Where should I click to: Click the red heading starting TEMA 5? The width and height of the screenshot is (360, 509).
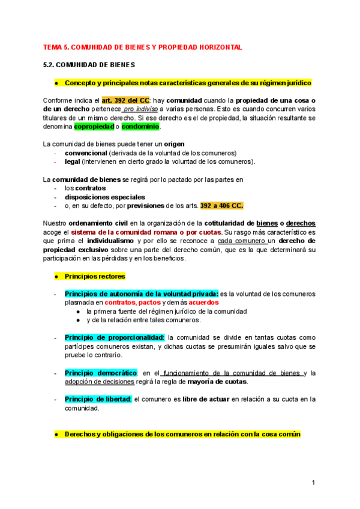pyautogui.click(x=142, y=47)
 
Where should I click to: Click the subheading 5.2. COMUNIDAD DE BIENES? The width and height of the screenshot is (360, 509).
pyautogui.click(x=89, y=64)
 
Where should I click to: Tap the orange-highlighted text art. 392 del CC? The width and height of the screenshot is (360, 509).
pyautogui.click(x=125, y=100)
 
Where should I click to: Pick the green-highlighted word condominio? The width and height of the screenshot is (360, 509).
pyautogui.click(x=141, y=127)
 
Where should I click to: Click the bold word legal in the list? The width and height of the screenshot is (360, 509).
pyautogui.click(x=72, y=161)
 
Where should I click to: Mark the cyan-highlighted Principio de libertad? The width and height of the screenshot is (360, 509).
pyautogui.click(x=97, y=399)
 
